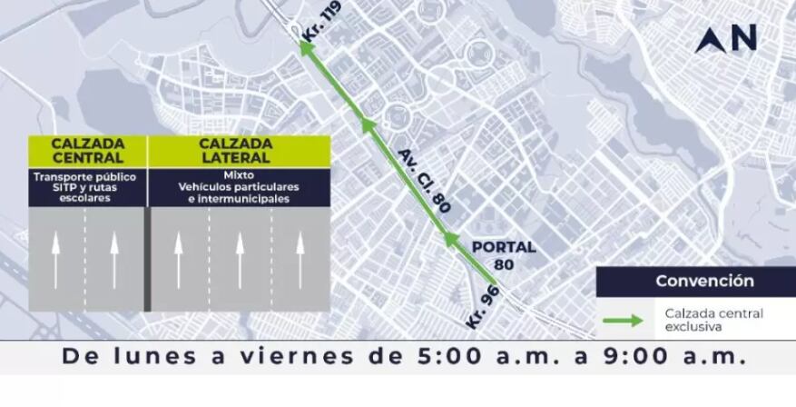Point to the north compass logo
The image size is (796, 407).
click(x=725, y=39)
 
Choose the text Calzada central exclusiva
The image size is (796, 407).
click(x=712, y=319)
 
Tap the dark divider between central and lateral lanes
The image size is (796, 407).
click(x=146, y=260)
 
